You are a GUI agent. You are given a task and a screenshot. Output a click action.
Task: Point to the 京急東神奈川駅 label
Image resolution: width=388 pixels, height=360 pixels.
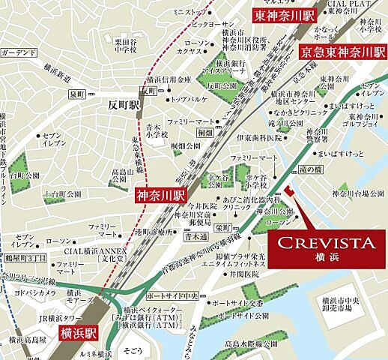[342, 53]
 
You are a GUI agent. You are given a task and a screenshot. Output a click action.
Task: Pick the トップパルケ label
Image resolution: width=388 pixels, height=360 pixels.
[189, 98]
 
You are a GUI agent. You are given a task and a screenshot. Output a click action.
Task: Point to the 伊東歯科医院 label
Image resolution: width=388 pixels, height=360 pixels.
[258, 139]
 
